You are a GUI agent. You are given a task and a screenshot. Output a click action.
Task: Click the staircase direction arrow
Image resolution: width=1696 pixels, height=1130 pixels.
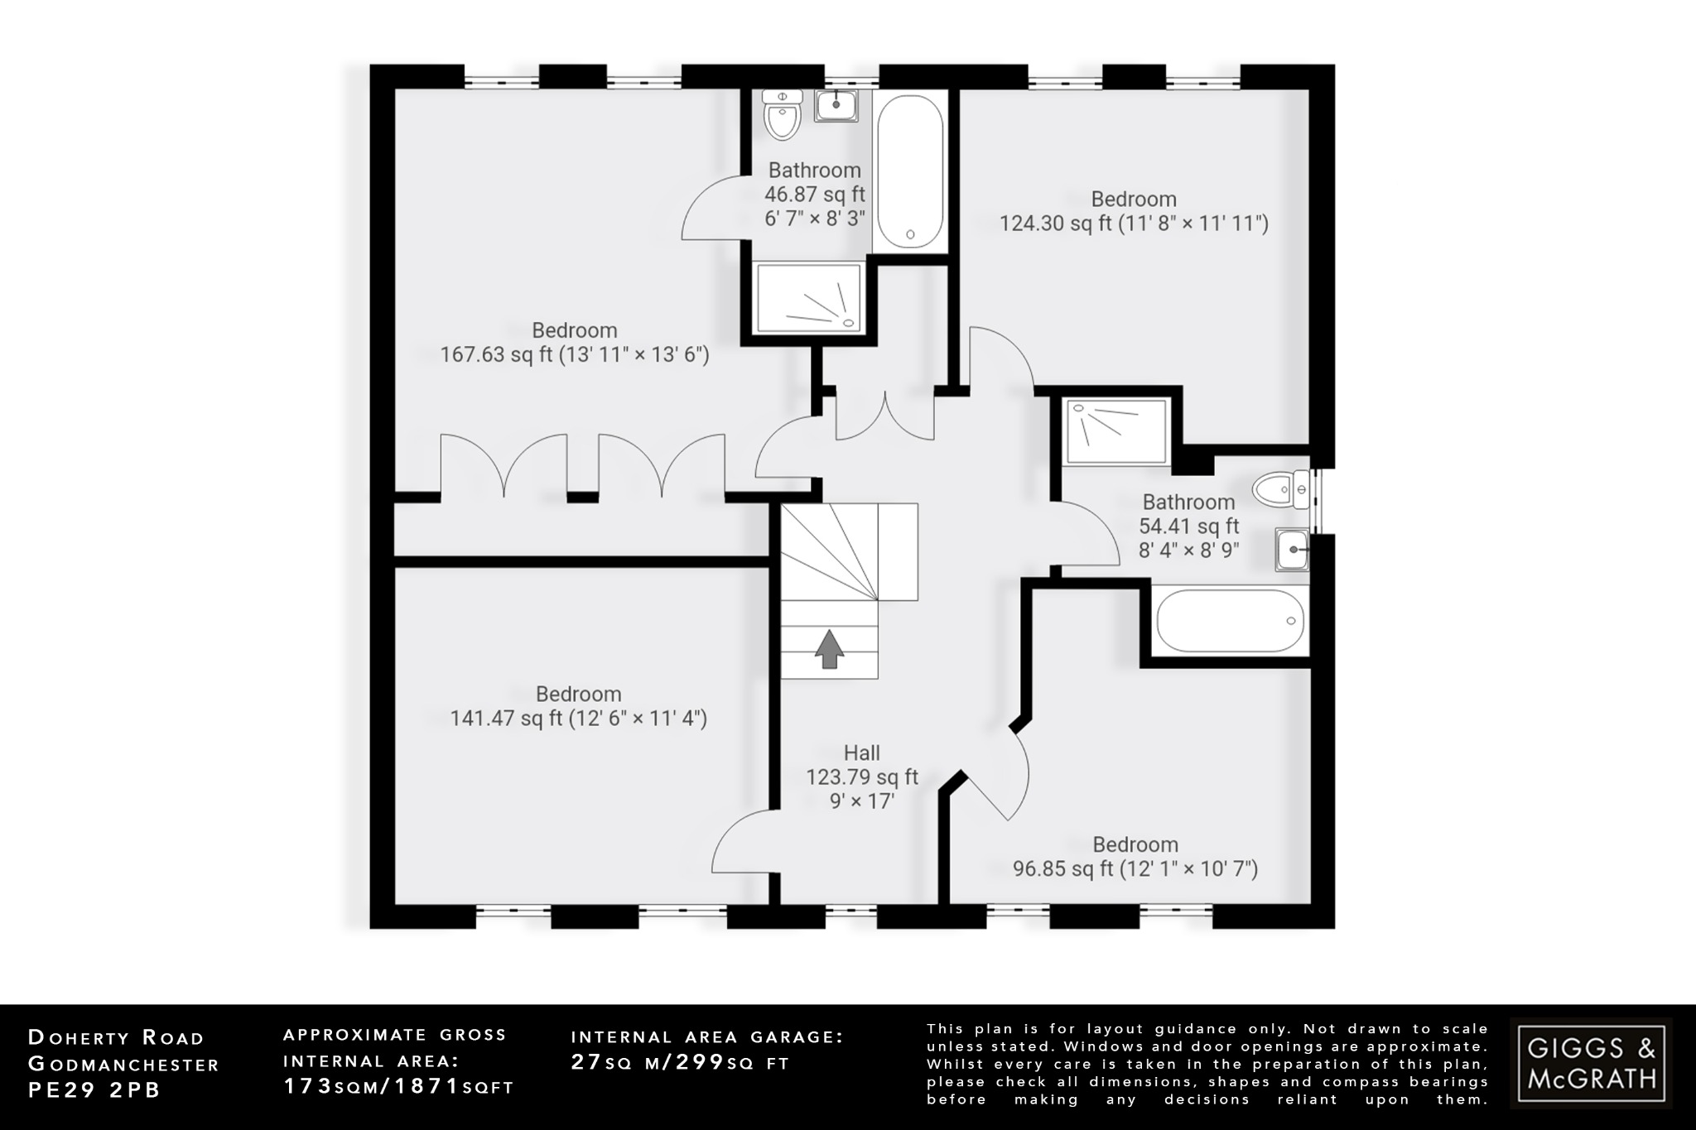829,649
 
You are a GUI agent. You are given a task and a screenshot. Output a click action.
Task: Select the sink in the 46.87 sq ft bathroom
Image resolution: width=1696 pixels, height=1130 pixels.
836,105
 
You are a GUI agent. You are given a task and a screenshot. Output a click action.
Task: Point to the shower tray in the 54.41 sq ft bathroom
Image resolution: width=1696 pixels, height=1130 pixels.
1116,430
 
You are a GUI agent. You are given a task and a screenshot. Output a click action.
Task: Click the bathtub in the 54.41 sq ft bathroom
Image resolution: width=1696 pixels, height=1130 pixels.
1230,621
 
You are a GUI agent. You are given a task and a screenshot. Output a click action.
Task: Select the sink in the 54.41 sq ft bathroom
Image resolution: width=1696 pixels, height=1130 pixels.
1291,550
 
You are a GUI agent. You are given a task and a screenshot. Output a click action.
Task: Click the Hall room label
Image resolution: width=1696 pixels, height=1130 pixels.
861,753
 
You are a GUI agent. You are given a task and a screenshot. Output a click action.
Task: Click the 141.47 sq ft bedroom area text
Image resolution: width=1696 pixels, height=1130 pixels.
505,719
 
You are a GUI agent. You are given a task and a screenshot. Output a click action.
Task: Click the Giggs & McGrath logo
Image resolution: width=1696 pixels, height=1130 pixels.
1590,1063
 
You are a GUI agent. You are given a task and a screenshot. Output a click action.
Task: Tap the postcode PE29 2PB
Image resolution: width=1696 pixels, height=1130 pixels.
94,1091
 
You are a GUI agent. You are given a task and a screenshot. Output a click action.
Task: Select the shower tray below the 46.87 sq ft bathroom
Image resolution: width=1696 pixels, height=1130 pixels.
808,298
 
